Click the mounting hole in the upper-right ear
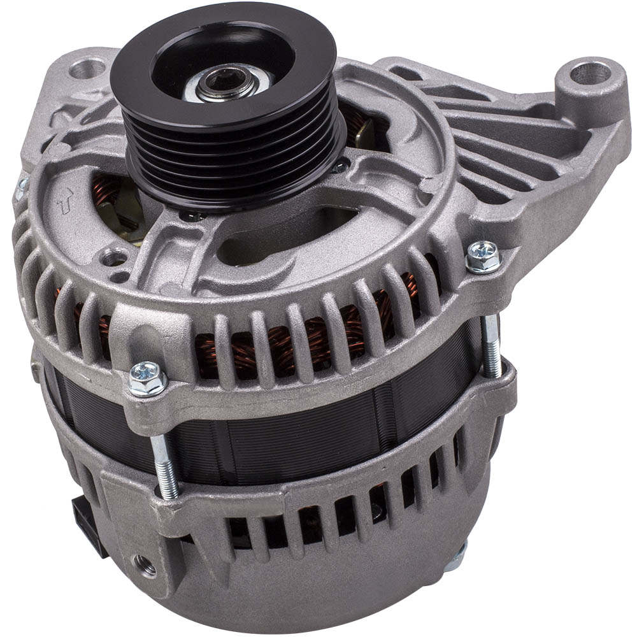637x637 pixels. (589, 73)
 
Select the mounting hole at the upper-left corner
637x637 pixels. (87, 68)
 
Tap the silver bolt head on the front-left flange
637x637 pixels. (147, 378)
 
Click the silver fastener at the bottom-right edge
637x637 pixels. (456, 557)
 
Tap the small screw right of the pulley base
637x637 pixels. (341, 166)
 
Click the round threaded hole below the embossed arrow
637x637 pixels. (114, 258)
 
